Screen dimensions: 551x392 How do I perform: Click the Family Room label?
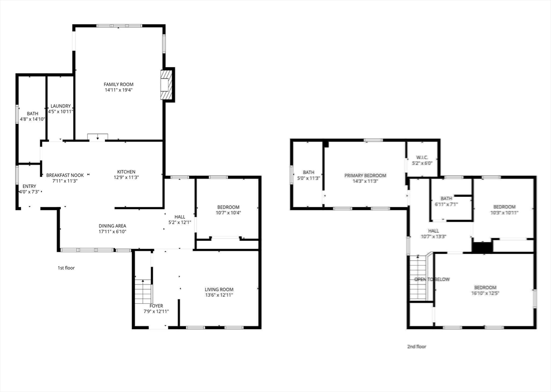pyautogui.click(x=118, y=84)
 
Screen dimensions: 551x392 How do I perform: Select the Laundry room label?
pyautogui.click(x=60, y=106)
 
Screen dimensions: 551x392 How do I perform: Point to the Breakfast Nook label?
pyautogui.click(x=65, y=175)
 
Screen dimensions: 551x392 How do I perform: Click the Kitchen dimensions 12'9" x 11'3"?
pyautogui.click(x=126, y=177)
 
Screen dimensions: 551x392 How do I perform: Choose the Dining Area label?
pyautogui.click(x=112, y=226)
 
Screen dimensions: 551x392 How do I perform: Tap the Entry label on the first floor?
pyautogui.click(x=29, y=186)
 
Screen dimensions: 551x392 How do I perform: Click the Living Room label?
pyautogui.click(x=219, y=289)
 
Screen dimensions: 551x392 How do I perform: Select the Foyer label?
pyautogui.click(x=156, y=306)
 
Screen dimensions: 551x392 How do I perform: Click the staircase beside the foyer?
pyautogui.click(x=143, y=291)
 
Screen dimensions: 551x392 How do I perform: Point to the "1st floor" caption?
pyautogui.click(x=66, y=268)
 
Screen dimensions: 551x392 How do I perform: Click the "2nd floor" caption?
pyautogui.click(x=416, y=347)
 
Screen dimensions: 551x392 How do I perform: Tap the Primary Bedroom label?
pyautogui.click(x=365, y=176)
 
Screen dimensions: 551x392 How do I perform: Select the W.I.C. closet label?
pyautogui.click(x=422, y=158)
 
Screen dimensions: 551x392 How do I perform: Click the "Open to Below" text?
pyautogui.click(x=432, y=280)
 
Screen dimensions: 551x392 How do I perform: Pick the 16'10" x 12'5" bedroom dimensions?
pyautogui.click(x=485, y=293)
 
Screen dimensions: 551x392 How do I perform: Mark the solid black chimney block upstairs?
pyautogui.click(x=482, y=247)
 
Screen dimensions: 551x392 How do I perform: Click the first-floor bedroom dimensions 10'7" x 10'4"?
pyautogui.click(x=228, y=212)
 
